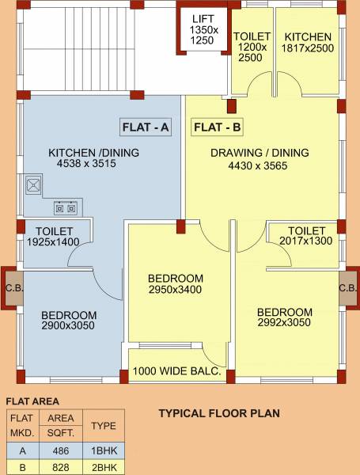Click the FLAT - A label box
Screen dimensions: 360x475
[146, 127]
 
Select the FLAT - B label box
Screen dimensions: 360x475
[217, 127]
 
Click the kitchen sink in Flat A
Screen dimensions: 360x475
[33, 184]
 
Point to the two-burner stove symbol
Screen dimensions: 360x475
[66, 207]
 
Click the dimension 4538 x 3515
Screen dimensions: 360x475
[86, 164]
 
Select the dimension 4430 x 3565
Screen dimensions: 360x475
[258, 165]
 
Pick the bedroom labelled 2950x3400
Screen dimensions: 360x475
[179, 283]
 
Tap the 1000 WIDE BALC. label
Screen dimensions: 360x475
[176, 371]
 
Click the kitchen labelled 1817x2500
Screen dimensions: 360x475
[307, 51]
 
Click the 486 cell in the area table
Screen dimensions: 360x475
[61, 450]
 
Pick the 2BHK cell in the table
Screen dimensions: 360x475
[104, 467]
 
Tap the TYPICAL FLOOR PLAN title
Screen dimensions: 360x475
[219, 413]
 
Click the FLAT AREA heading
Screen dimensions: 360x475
[32, 401]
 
